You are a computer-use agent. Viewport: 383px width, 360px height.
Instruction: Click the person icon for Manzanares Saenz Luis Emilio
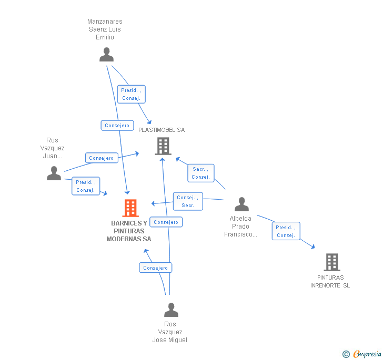(106, 55)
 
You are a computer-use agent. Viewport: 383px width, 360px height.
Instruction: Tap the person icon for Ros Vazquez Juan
(54, 173)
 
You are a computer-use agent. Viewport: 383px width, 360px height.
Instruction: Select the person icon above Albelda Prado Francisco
(241, 204)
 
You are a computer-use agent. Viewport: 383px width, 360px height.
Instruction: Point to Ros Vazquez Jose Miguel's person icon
(171, 310)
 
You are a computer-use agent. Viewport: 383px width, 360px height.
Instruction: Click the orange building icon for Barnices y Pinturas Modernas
(130, 208)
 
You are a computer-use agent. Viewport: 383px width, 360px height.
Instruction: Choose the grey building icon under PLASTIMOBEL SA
(163, 146)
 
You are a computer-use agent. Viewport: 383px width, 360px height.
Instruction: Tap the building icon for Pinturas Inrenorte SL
(331, 262)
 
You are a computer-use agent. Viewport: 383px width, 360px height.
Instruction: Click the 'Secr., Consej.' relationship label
(200, 173)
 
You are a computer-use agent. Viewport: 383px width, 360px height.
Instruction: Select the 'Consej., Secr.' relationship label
(188, 201)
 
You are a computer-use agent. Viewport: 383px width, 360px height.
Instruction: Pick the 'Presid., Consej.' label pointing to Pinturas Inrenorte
(286, 231)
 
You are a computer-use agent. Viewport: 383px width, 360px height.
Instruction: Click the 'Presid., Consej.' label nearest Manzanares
(130, 95)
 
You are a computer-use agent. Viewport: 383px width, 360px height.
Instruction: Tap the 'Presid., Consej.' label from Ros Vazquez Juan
(85, 186)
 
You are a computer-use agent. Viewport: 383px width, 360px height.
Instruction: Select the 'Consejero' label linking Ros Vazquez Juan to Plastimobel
(101, 158)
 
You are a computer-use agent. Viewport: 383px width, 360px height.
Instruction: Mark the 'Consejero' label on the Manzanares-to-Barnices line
(117, 126)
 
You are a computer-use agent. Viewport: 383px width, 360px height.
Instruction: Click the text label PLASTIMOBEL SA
(162, 130)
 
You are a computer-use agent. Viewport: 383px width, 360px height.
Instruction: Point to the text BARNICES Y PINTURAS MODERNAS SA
(129, 231)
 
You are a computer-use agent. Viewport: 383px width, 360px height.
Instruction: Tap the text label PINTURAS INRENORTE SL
(330, 282)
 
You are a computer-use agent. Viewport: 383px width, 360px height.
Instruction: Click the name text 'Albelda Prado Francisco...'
(240, 227)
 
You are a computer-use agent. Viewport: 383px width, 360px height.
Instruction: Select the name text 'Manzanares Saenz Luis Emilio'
(105, 29)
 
